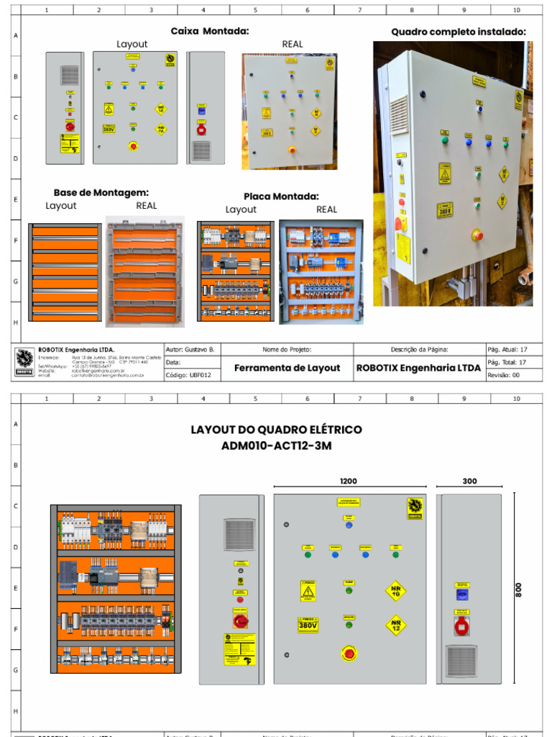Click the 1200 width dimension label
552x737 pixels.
tap(349, 481)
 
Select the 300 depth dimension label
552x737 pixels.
tap(469, 481)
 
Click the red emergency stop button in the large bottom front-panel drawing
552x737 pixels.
tap(349, 654)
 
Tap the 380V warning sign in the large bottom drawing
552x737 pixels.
tap(308, 625)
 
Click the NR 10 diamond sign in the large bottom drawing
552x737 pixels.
tap(395, 591)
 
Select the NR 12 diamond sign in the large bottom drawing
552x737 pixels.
tap(395, 624)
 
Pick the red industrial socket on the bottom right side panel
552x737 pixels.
tap(461, 625)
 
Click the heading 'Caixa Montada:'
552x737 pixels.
tap(210, 31)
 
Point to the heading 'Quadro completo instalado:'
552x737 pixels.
tap(459, 32)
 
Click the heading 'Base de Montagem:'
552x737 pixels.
tap(101, 192)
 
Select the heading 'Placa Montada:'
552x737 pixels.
tap(281, 196)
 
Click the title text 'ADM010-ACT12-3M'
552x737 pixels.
tap(276, 446)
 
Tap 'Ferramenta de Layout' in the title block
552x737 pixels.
tap(287, 368)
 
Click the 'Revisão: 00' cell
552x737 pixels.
tap(504, 375)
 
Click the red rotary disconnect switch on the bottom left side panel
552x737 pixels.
tap(239, 620)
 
